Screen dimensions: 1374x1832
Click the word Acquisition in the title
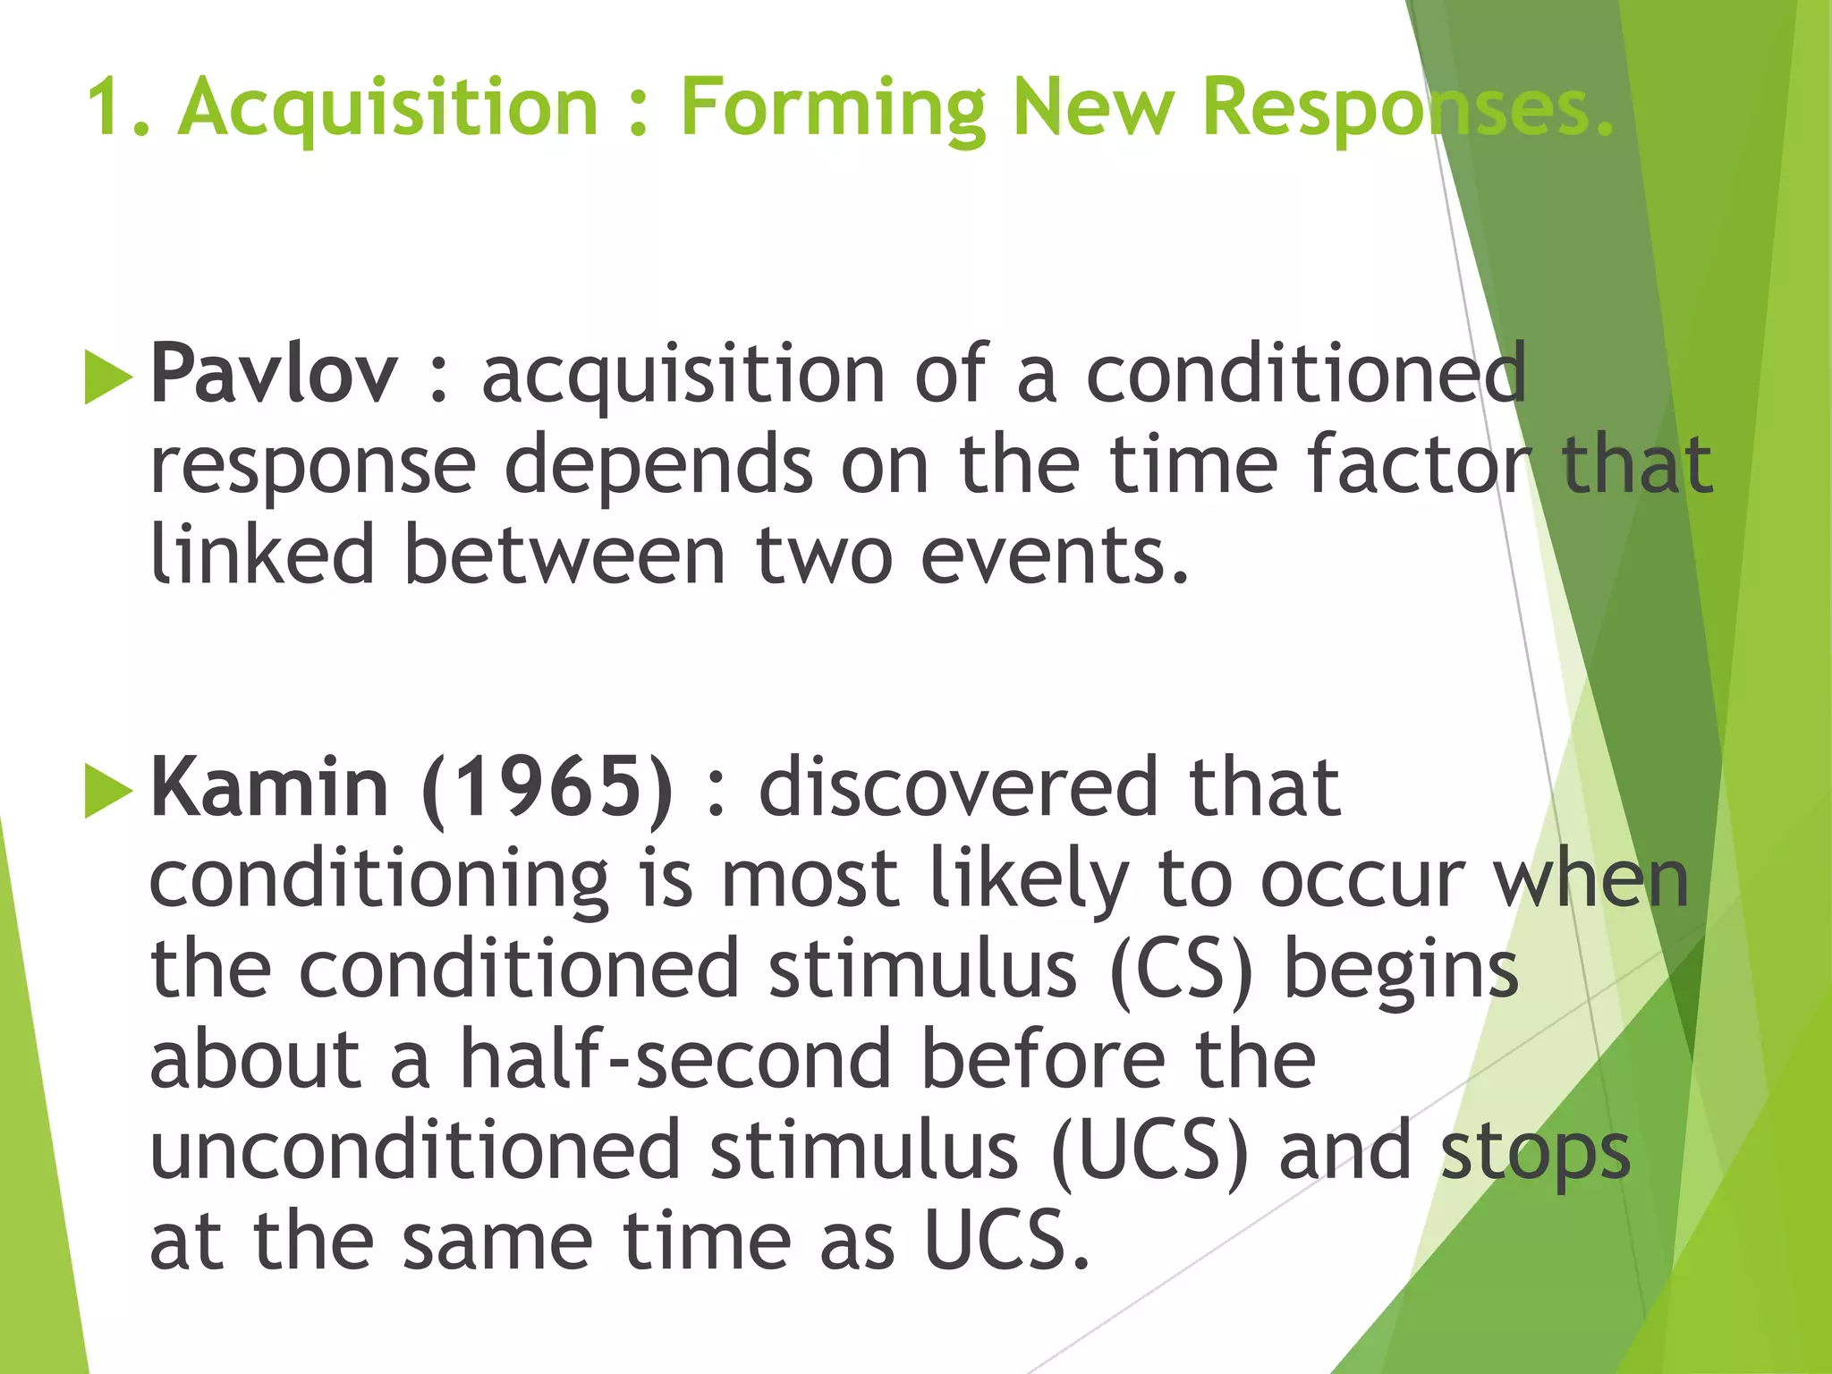[x=387, y=108]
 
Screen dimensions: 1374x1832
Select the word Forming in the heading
[x=832, y=108]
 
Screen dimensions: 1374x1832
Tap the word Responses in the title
[x=1407, y=108]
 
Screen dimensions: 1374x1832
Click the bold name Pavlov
[x=273, y=374]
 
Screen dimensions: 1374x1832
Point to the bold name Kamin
[x=269, y=787]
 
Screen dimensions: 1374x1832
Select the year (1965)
[x=547, y=787]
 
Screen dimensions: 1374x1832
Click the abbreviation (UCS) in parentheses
[x=1149, y=1151]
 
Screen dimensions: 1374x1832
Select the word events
[x=1054, y=556]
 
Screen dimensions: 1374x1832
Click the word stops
[x=1536, y=1153]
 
